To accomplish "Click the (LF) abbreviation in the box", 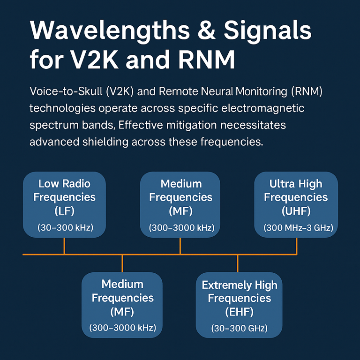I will tap(65, 211).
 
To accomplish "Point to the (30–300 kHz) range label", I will tap(65, 228).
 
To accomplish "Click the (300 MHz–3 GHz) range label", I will tap(296, 228).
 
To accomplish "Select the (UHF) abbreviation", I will tap(296, 211).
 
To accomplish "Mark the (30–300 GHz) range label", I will tap(239, 329).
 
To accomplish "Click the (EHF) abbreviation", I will tap(239, 311).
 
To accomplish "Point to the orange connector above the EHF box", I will tap(238, 263).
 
